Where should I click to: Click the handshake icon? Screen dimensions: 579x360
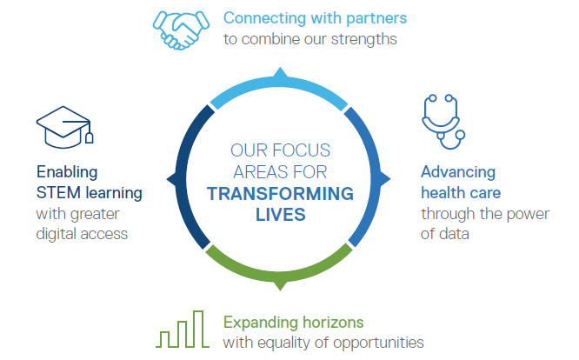(181, 30)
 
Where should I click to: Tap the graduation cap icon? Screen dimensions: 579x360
(64, 127)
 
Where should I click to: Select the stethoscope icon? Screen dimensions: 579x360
(443, 122)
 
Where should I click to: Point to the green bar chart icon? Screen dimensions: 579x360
(183, 329)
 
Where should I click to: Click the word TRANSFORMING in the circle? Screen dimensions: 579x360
(280, 194)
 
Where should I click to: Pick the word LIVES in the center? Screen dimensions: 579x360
(281, 215)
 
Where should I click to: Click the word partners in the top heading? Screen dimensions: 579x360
(376, 19)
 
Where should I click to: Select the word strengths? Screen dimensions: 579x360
(363, 39)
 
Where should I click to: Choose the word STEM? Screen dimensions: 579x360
(58, 193)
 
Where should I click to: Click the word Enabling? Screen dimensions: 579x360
(67, 172)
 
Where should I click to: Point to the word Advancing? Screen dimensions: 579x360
(458, 172)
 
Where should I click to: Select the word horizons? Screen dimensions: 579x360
(334, 323)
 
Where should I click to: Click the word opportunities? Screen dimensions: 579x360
(378, 343)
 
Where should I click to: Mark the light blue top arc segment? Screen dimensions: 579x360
(280, 83)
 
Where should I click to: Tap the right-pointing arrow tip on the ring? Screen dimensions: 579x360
(390, 179)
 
